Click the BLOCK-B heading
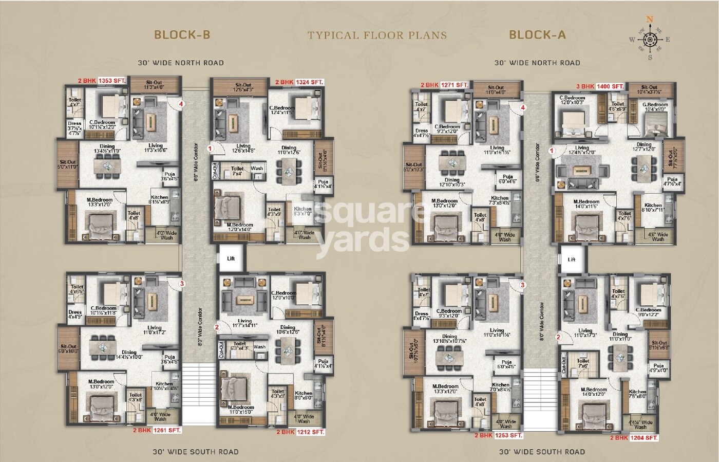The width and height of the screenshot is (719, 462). [x=182, y=34]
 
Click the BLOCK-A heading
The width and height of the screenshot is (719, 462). [x=537, y=34]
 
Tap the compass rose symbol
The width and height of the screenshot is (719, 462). [x=650, y=39]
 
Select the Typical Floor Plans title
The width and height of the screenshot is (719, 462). [x=377, y=35]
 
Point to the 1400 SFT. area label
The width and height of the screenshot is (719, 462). [x=610, y=86]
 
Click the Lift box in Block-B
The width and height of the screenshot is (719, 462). [x=231, y=258]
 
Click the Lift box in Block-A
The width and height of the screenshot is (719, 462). [x=571, y=260]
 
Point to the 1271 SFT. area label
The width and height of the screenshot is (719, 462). [x=455, y=85]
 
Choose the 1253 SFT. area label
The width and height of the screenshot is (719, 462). [x=508, y=435]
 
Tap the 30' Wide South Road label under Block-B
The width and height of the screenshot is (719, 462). [x=195, y=452]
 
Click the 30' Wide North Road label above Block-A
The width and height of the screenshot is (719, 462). [x=537, y=63]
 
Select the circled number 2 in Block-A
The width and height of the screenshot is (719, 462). [x=558, y=338]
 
